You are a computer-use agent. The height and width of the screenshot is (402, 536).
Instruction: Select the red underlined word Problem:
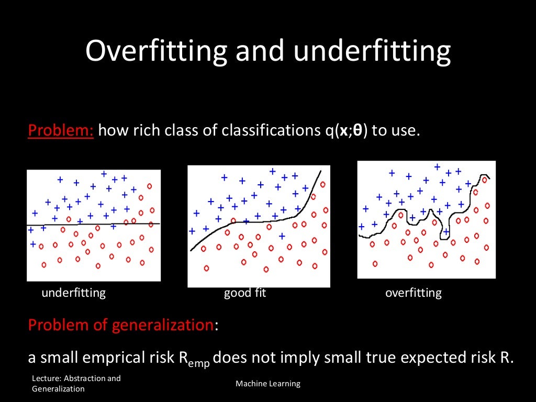point(61,130)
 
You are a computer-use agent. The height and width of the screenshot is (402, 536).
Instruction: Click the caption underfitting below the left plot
point(73,293)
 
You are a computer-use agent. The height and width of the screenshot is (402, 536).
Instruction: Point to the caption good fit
point(245,293)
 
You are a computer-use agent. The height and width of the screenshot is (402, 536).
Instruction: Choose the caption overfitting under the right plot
point(413,293)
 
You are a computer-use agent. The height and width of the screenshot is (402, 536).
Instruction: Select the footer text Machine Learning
point(268,384)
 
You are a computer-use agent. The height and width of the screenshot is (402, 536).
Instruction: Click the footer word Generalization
point(58,389)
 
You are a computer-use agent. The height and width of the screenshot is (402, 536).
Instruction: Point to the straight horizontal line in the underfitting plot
point(94,224)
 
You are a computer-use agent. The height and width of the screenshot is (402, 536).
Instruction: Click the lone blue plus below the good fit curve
point(282,236)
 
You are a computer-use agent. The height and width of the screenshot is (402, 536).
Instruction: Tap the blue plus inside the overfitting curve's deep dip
point(446,231)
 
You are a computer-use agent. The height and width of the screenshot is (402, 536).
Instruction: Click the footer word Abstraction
point(91,378)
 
